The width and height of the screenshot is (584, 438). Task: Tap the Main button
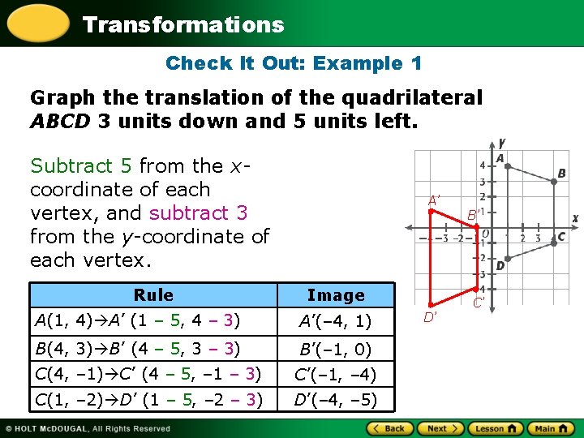(539, 428)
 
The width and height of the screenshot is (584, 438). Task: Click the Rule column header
(153, 295)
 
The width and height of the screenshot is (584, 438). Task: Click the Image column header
(336, 295)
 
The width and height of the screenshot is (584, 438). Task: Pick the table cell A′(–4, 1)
(336, 321)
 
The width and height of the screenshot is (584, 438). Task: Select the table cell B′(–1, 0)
(336, 350)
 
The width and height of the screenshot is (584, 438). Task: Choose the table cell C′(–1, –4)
(336, 375)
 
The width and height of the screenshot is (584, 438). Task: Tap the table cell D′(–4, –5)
(336, 400)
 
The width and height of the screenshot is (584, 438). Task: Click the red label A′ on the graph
(435, 200)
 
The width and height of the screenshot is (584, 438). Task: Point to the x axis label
(575, 218)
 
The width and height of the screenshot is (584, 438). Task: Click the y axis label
(503, 142)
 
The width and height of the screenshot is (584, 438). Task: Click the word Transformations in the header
(183, 24)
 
